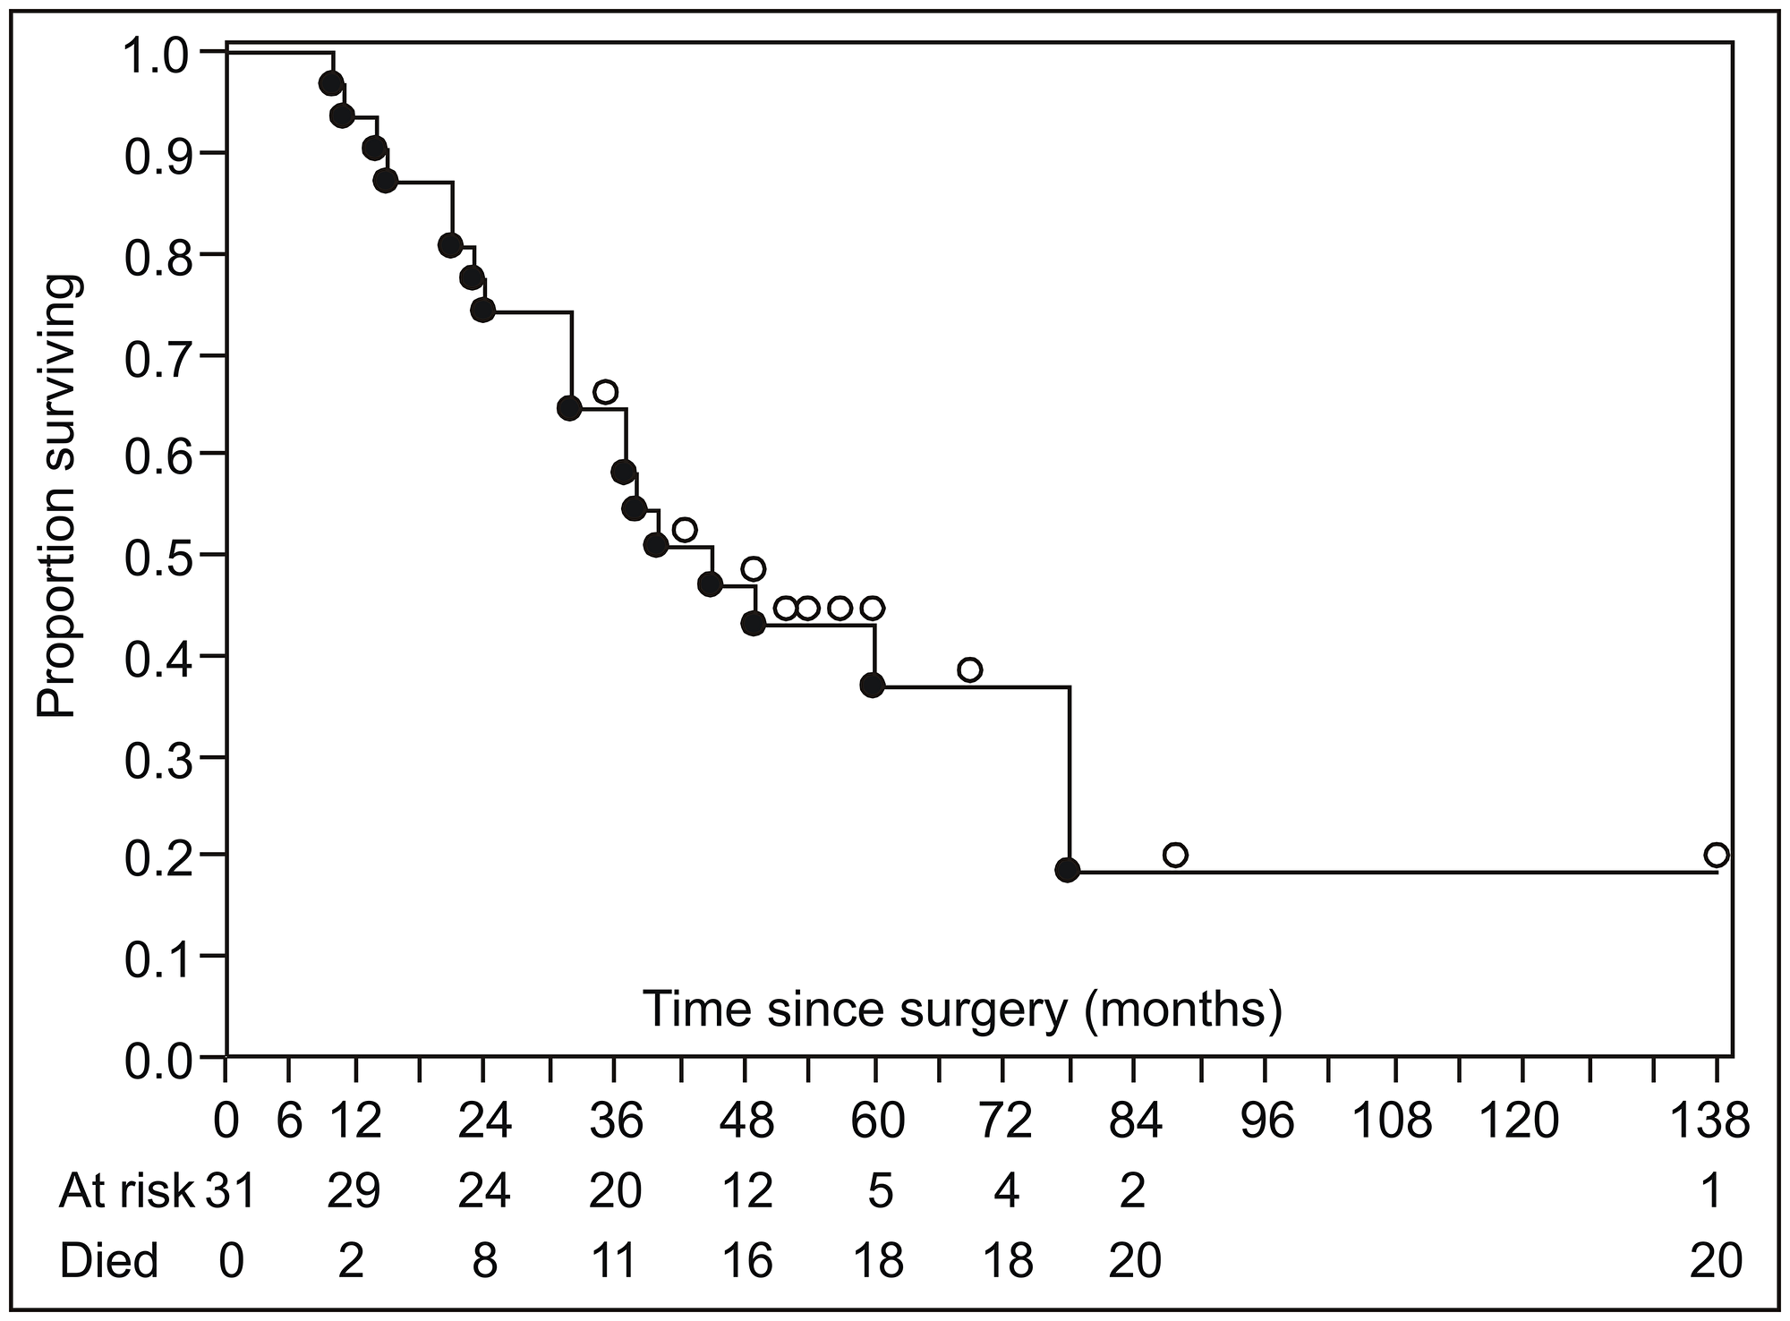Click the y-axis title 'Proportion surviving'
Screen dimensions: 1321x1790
(59, 498)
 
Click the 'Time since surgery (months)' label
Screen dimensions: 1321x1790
(962, 1009)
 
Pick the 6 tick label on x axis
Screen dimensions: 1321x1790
(289, 1120)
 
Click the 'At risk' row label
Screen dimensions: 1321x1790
(126, 1191)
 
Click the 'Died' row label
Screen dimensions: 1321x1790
(108, 1261)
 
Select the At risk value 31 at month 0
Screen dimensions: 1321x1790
(231, 1191)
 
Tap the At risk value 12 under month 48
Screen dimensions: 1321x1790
(747, 1191)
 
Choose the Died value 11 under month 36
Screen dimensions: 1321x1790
(615, 1261)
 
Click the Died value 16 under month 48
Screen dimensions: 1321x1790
(747, 1261)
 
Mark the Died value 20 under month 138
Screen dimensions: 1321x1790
(1716, 1261)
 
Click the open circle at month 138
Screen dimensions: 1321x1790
(1716, 855)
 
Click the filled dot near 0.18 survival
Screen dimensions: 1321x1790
(1067, 869)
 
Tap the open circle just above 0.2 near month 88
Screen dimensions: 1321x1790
(1175, 855)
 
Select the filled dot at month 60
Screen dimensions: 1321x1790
(873, 685)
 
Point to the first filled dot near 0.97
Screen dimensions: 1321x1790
(330, 83)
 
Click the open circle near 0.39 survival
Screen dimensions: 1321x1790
(969, 669)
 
